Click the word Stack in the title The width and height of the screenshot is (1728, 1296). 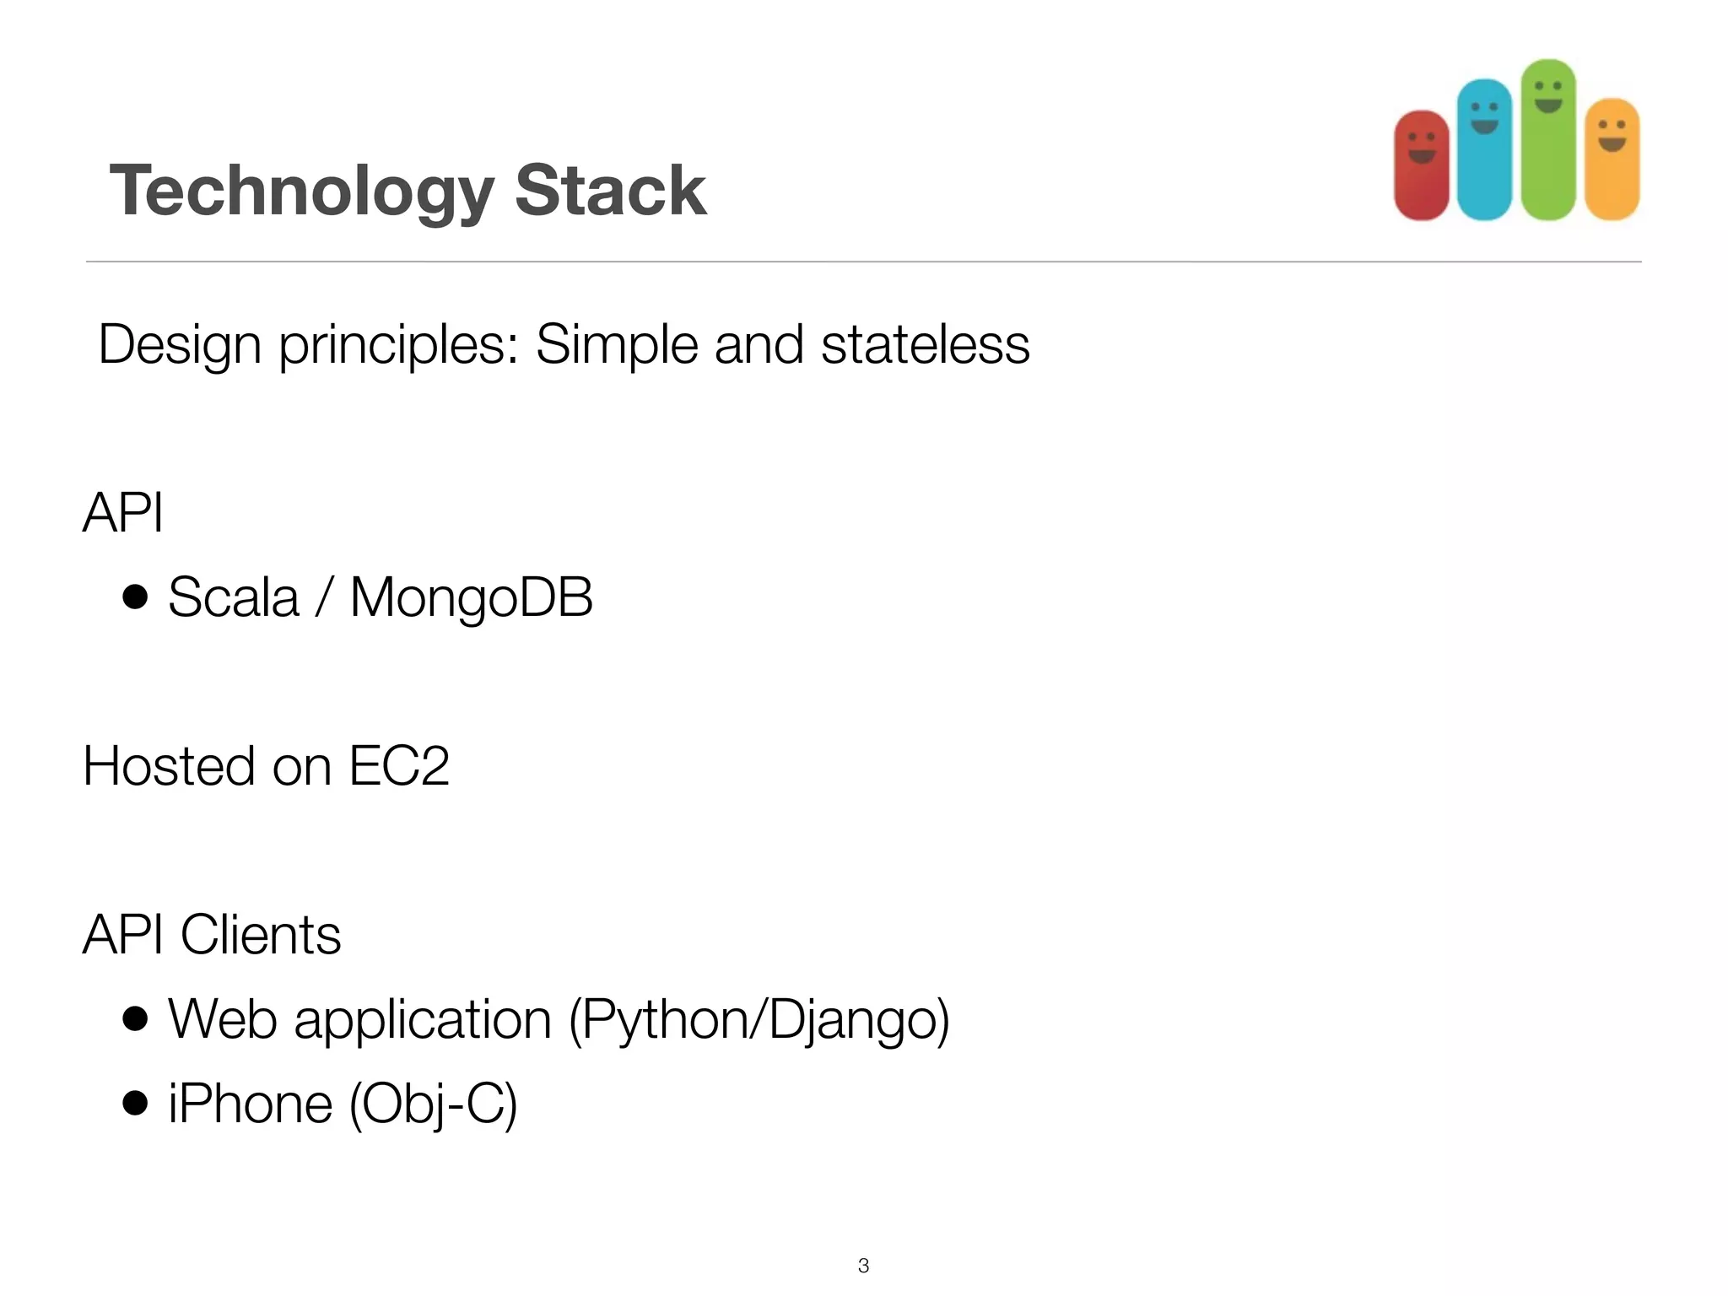coord(610,191)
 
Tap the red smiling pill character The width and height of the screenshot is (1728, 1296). coord(1422,165)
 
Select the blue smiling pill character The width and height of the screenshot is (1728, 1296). coord(1484,150)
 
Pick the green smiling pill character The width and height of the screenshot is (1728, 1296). coord(1548,140)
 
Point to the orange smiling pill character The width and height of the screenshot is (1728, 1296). coord(1612,159)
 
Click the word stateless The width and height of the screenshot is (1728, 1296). coord(925,344)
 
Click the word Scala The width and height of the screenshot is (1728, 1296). coord(234,597)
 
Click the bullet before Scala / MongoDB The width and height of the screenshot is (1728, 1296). coord(135,597)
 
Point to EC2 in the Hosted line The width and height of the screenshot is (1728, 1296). coord(398,766)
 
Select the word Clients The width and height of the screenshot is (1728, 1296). coord(261,935)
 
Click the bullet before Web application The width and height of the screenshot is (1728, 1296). coord(135,1018)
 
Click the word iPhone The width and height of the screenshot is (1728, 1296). coord(251,1104)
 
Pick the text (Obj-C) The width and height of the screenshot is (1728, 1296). coord(433,1104)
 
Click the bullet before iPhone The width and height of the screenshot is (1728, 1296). coord(135,1103)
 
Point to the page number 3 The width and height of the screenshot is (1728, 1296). coord(863,1265)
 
